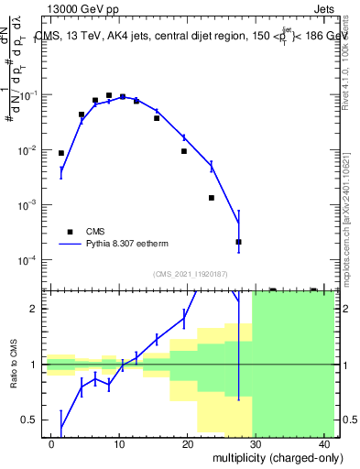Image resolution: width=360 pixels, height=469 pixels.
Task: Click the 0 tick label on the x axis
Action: (51, 443)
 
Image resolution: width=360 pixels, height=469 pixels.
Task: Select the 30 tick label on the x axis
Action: (256, 443)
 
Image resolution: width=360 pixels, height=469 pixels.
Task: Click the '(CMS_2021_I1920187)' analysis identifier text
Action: (190, 274)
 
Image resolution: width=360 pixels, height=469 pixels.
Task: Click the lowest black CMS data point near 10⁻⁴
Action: (238, 242)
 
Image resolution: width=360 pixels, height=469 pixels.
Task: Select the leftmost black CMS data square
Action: (61, 153)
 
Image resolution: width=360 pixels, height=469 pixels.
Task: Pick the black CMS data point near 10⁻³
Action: (211, 198)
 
